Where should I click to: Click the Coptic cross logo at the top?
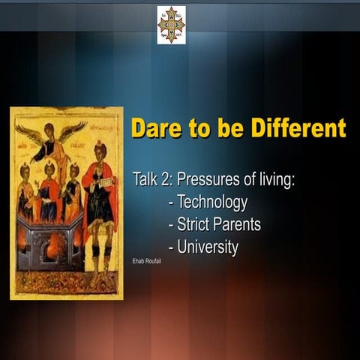[x=171, y=25]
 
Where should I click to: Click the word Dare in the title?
[x=155, y=127]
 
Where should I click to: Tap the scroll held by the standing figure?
[x=105, y=182]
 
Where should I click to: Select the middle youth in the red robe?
[x=49, y=191]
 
